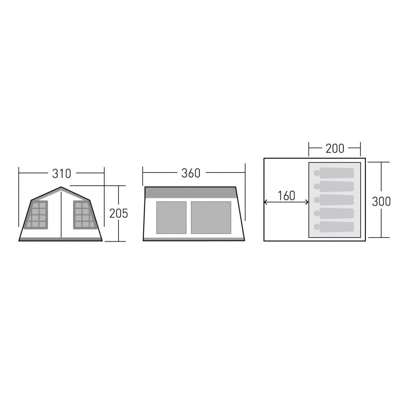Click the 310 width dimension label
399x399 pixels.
(x=62, y=173)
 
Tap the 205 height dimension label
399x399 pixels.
(x=119, y=213)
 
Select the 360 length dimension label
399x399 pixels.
(x=191, y=173)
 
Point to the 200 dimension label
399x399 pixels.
(x=335, y=149)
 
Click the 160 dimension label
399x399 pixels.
(x=286, y=196)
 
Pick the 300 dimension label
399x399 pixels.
(x=381, y=201)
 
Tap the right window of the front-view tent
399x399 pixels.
(x=85, y=215)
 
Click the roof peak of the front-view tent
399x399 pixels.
(x=61, y=187)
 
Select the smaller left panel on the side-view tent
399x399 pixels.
(x=171, y=217)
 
